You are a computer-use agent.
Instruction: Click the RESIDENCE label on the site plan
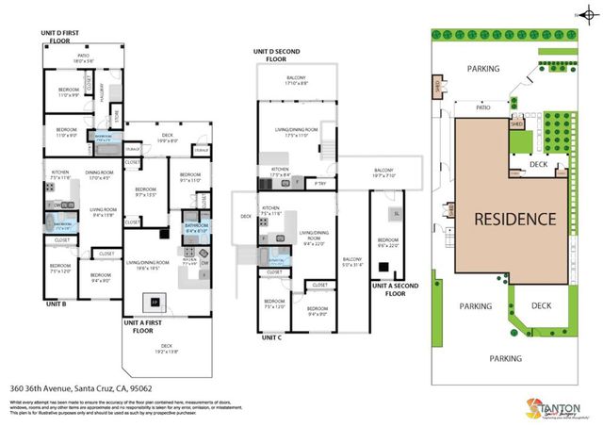coord(514,219)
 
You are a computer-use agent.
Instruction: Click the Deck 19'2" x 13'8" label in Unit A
coord(171,351)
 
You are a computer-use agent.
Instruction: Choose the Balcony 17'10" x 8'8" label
coord(296,81)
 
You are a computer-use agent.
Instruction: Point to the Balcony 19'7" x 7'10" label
coord(382,172)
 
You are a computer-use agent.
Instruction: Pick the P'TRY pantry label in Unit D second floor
coord(320,182)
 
